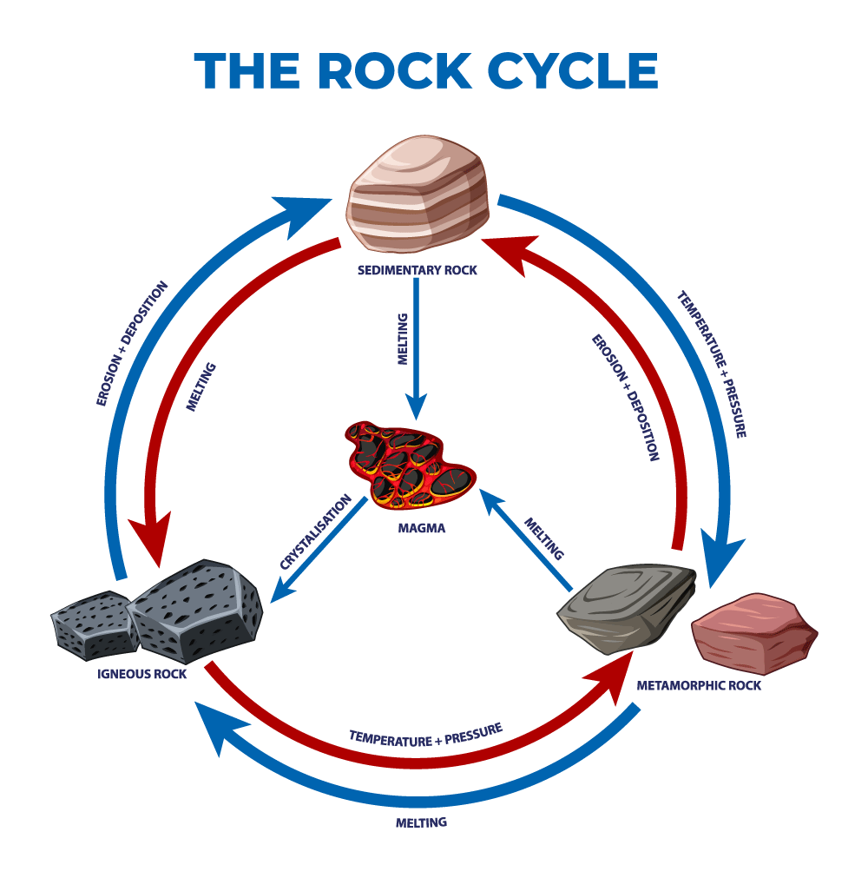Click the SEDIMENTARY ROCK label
click(418, 270)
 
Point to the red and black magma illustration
click(408, 465)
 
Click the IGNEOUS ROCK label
click(142, 673)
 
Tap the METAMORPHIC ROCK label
click(699, 685)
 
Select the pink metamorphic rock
click(753, 632)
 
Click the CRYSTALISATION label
click(314, 532)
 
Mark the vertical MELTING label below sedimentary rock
click(402, 341)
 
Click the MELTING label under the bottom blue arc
click(421, 822)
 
